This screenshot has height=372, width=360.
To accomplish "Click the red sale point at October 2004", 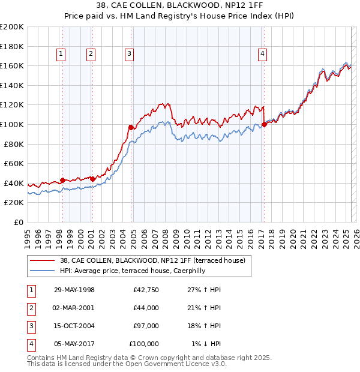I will pyautogui.click(x=131, y=127).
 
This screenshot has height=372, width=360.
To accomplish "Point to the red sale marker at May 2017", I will pyautogui.click(x=264, y=125).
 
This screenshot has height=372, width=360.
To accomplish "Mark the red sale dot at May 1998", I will pyautogui.click(x=62, y=180).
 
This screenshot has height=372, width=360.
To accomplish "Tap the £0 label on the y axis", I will pyautogui.click(x=19, y=222).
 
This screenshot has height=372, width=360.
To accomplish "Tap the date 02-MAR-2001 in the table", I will pyautogui.click(x=74, y=308).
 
